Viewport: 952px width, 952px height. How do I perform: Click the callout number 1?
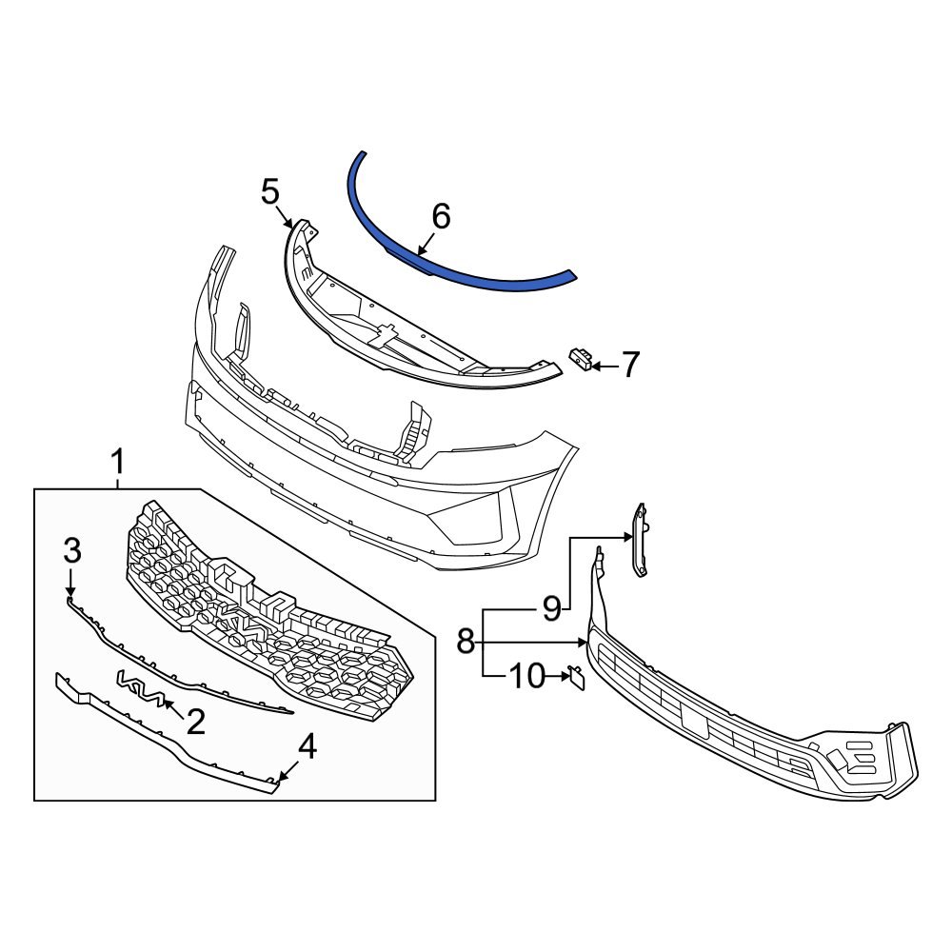(117, 464)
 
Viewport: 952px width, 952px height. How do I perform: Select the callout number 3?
(72, 549)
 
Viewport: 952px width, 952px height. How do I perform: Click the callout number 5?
(270, 193)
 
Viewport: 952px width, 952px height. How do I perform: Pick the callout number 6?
(441, 217)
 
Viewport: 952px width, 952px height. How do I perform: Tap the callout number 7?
(631, 365)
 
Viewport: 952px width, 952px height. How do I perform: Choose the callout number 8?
(465, 642)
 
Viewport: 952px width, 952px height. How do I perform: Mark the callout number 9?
(552, 606)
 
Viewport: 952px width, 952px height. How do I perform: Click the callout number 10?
(524, 677)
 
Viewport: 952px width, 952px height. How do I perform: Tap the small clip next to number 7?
(579, 357)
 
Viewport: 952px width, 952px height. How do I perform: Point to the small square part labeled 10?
(576, 676)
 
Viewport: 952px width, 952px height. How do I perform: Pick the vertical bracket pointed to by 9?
(641, 539)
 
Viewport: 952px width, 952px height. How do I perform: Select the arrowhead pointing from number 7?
(595, 365)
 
